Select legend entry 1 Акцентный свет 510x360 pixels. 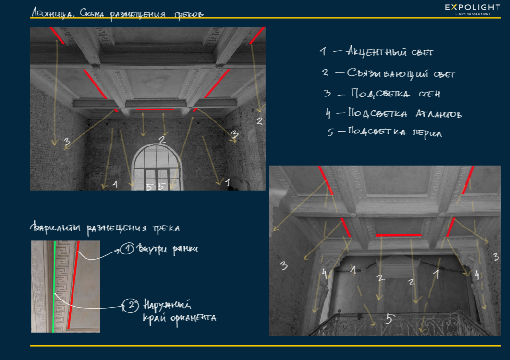376,51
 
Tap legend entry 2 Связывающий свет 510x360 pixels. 389,73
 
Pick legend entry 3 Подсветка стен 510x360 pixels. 382,94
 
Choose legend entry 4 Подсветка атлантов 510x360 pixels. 394,113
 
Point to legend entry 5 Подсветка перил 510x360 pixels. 385,132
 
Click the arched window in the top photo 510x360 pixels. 157,167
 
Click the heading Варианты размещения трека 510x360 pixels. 105,228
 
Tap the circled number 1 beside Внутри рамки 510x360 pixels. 127,249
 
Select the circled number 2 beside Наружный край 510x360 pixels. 131,305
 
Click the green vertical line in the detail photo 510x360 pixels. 54,287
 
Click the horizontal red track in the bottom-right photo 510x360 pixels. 399,235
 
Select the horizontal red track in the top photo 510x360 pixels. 156,109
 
